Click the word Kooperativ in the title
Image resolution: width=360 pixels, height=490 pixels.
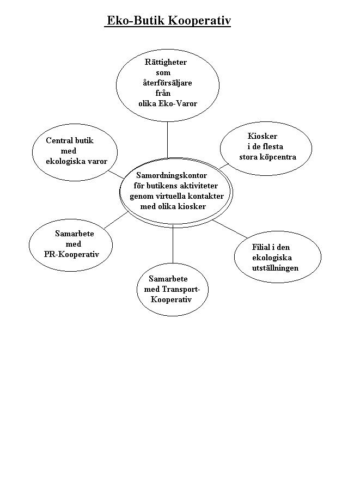(199, 21)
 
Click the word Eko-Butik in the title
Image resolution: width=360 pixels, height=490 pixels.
(136, 21)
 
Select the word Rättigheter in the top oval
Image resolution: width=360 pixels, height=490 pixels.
(166, 62)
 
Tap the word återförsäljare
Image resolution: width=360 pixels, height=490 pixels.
(167, 83)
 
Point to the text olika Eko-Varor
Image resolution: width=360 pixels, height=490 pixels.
(168, 103)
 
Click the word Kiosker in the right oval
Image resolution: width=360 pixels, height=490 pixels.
(262, 136)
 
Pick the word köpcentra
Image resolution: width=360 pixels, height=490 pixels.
(280, 157)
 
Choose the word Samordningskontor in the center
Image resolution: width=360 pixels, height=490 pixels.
(172, 175)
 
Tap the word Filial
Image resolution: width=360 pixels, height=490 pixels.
(261, 247)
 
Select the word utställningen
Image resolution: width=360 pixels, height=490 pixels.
(276, 268)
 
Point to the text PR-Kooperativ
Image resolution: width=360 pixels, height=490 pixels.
(71, 254)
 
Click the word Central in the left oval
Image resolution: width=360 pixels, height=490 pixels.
(59, 140)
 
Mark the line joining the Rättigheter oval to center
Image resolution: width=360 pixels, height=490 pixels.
(168, 140)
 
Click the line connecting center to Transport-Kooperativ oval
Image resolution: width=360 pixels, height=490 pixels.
(173, 244)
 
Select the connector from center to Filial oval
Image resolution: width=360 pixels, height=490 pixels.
(230, 229)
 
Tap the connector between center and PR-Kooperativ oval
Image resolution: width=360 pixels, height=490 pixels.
(116, 220)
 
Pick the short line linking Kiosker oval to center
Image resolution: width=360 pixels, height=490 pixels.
(224, 166)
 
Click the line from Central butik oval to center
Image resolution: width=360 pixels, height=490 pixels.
(116, 174)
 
